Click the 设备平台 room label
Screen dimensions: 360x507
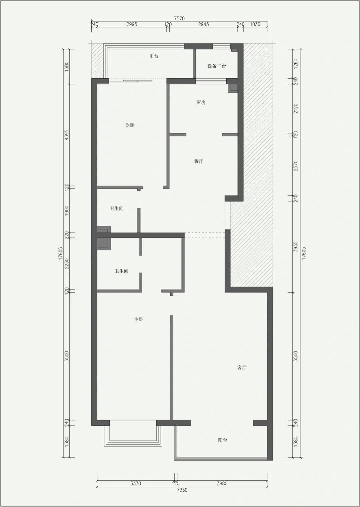[217, 66]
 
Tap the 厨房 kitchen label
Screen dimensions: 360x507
[201, 102]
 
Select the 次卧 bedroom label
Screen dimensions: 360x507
[130, 125]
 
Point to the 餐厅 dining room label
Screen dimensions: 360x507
[199, 161]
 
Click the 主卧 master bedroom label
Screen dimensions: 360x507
[139, 319]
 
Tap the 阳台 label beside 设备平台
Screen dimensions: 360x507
[154, 56]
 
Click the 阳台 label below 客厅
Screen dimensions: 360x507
[223, 440]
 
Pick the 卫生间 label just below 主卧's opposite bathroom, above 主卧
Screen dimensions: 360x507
[121, 271]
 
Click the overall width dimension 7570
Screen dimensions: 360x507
[179, 19]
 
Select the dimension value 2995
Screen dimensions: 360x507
[132, 24]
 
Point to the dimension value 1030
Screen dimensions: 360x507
[255, 24]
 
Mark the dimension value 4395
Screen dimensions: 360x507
[66, 135]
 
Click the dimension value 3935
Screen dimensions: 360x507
[296, 247]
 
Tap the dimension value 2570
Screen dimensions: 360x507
[296, 166]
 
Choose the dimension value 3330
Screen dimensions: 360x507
[136, 483]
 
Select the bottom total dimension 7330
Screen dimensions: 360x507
[182, 490]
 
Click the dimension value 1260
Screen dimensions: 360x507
[296, 64]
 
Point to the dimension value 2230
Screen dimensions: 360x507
[66, 264]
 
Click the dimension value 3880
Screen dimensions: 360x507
[222, 483]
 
